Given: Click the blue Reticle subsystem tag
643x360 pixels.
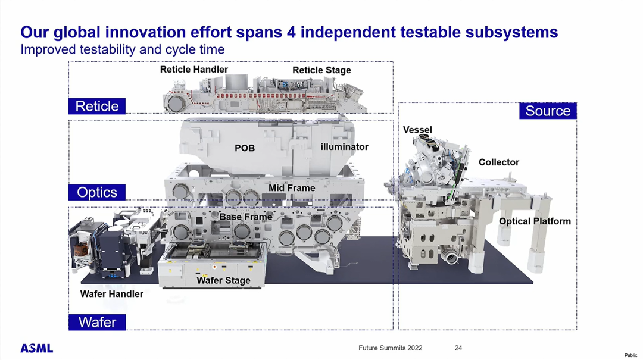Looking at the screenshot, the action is pos(97,106).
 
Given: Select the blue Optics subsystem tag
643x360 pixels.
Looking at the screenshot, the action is pos(97,192).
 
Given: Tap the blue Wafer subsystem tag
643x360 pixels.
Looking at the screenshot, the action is pos(97,322).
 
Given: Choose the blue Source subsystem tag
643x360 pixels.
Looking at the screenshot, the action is pos(548,111).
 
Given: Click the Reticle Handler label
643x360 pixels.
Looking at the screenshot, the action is pos(194,70).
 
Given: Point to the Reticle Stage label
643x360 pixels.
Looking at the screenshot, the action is pos(321,70).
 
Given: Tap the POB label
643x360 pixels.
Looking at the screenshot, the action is pos(245,148).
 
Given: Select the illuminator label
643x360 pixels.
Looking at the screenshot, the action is pos(345,147).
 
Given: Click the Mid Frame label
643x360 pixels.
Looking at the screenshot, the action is pos(292,188).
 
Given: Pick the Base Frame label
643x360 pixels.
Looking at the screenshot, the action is pos(246,217).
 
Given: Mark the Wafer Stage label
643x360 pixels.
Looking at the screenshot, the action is pos(223,280).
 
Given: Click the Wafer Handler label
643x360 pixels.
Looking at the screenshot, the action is pos(111,294).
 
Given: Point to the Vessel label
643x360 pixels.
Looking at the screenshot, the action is pos(417,130).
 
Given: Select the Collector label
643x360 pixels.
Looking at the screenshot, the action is pos(499,162).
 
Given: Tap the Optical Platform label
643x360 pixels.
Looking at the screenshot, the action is pos(535,221).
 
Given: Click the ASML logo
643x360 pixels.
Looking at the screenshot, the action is pos(37,349).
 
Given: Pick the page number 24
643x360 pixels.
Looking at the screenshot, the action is pos(458,348).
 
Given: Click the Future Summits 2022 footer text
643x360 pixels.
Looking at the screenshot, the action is pos(391,348).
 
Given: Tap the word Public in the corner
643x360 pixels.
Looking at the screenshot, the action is pos(630,355).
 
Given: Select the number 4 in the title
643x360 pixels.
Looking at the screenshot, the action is pos(291,32).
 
